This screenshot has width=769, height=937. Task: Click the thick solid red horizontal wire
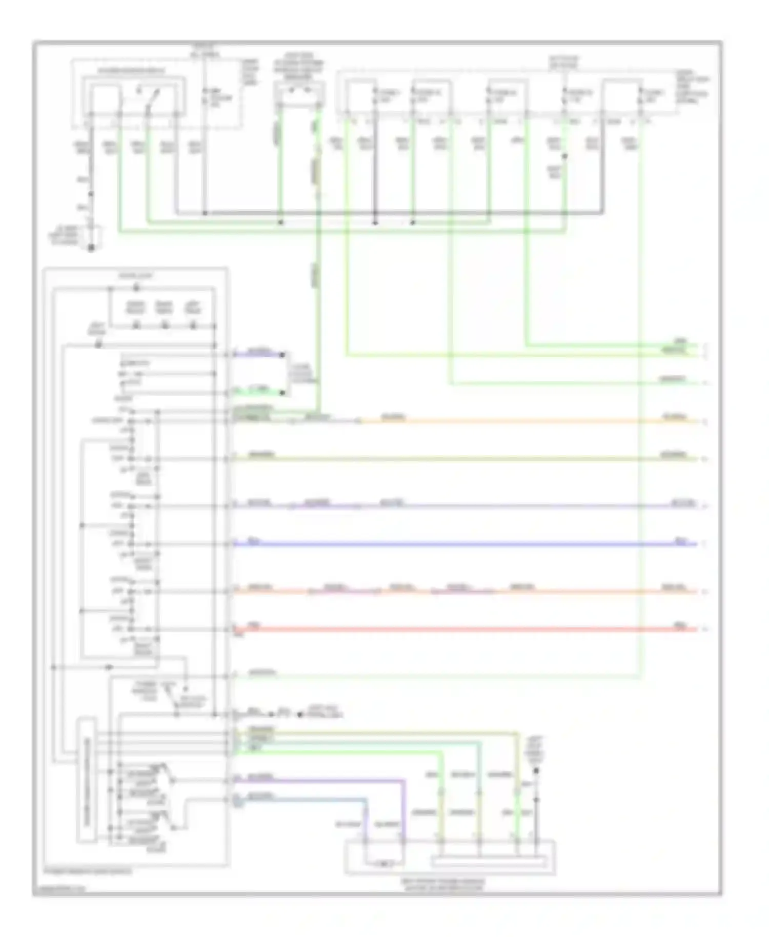point(461,629)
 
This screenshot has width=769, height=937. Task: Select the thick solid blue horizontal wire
point(461,544)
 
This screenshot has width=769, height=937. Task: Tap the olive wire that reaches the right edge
point(461,459)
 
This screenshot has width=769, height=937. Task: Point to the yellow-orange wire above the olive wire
point(513,421)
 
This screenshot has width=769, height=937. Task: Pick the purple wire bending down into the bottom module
point(403,810)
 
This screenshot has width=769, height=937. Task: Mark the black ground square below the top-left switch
point(91,248)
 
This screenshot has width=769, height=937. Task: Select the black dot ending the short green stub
point(281,393)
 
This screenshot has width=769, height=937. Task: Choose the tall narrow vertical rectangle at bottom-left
point(86,779)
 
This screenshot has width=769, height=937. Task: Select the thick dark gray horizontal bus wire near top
point(390,213)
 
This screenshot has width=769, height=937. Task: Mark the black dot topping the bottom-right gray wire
point(536,770)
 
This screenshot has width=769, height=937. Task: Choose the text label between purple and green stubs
point(303,374)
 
